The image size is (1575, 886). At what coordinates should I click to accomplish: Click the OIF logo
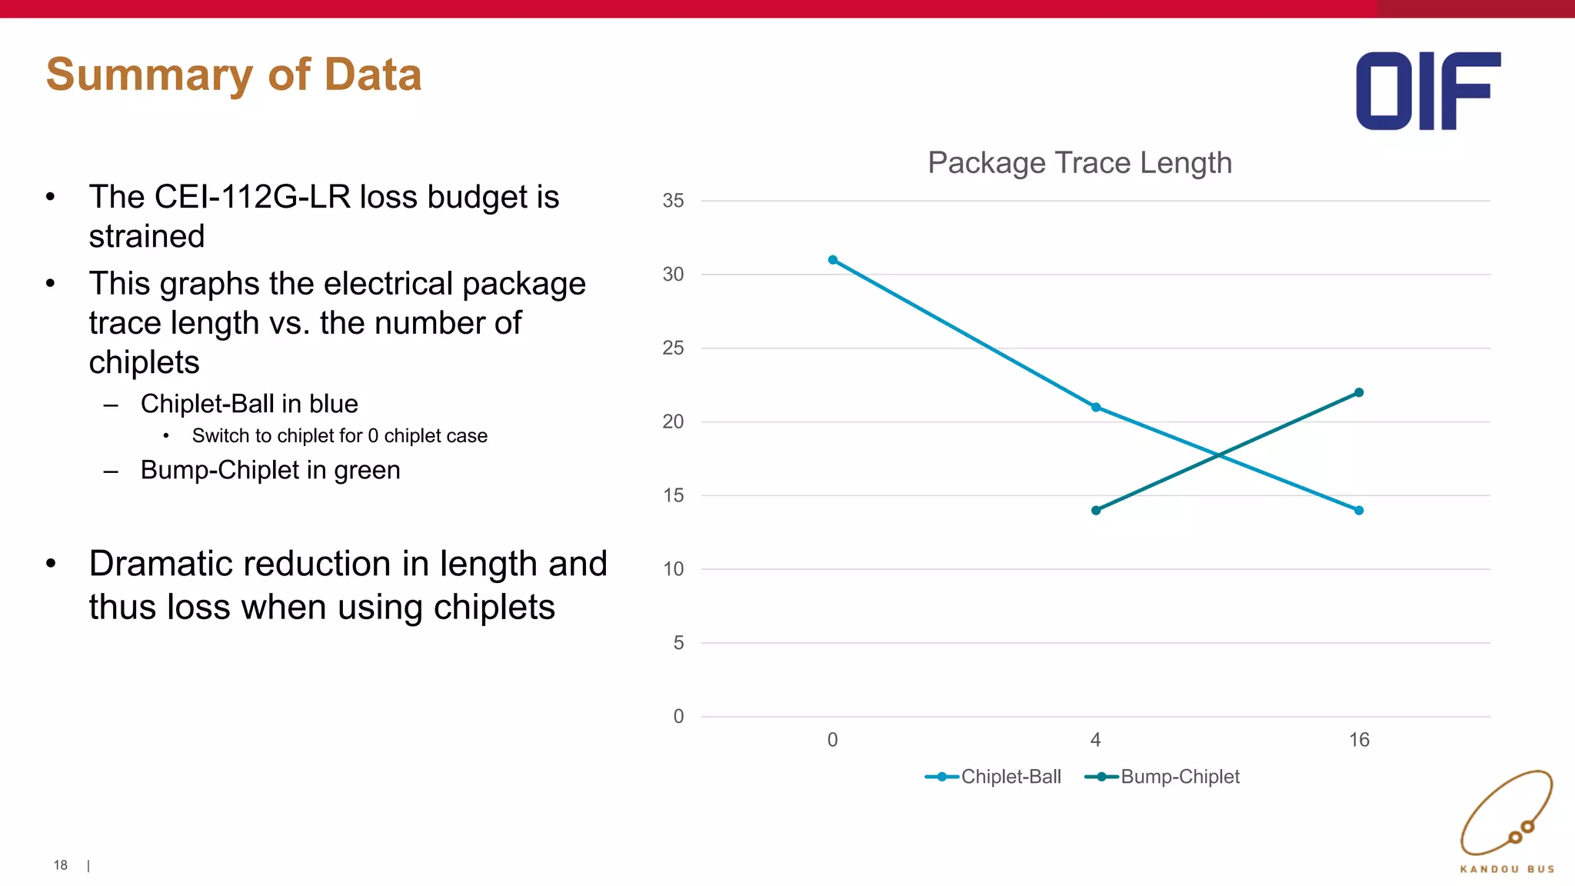coord(1427,91)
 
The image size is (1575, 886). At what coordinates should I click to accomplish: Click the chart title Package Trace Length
coord(1079,163)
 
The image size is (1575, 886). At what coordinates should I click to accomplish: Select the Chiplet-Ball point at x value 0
coord(833,260)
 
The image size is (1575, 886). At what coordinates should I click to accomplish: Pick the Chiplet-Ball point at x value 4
coord(1096,408)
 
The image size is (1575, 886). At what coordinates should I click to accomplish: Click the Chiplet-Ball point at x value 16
coord(1359,511)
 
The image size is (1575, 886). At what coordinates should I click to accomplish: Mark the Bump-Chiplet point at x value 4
coord(1096,511)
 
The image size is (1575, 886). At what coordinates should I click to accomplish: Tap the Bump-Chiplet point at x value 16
coord(1359,393)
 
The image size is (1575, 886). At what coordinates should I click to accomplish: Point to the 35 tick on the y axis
coord(673,201)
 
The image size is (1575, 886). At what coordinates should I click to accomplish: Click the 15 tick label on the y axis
coord(673,495)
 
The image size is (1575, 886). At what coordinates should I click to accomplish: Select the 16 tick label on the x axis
coord(1359,740)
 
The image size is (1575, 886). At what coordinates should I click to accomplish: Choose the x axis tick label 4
coord(1096,740)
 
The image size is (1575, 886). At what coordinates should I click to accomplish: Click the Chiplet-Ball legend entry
coord(994,777)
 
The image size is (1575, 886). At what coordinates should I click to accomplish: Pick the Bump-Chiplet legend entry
coord(1163,777)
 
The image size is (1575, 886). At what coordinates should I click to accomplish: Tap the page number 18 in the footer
coord(61,865)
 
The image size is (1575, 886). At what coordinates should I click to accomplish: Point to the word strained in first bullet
coord(147,236)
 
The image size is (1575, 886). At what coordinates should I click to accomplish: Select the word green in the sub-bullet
coord(367,470)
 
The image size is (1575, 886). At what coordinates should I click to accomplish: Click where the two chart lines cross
coord(1219,455)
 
